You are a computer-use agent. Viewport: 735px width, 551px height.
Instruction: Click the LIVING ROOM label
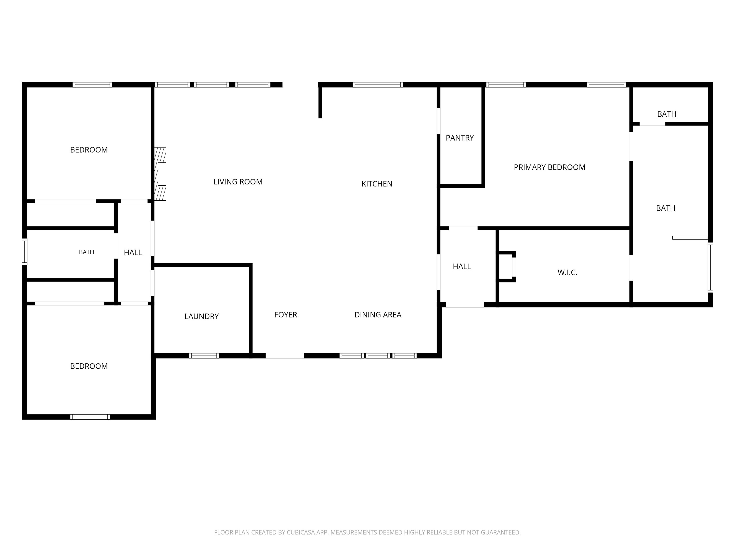(x=238, y=182)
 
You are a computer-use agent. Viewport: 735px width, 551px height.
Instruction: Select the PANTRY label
(x=460, y=138)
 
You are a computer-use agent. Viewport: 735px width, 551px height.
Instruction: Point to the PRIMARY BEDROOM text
(x=550, y=167)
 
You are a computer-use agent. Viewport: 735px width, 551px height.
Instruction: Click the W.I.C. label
(x=567, y=273)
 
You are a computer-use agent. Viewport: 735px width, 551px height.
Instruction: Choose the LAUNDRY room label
(x=201, y=317)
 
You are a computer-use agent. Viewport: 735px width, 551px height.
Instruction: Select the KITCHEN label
(x=377, y=184)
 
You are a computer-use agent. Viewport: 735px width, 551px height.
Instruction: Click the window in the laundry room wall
(x=204, y=356)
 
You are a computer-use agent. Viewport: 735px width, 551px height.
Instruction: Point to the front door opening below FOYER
(x=284, y=356)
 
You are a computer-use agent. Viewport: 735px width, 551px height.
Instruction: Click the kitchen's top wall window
(x=378, y=85)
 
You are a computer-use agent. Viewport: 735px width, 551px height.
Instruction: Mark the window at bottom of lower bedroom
(x=90, y=417)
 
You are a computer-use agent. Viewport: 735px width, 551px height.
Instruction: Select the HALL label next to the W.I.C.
(x=462, y=266)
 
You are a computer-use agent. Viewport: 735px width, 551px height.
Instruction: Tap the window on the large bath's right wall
(x=710, y=267)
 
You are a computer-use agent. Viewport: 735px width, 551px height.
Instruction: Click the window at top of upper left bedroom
(x=92, y=85)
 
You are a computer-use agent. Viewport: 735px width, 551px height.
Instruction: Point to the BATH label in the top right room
(x=667, y=114)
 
